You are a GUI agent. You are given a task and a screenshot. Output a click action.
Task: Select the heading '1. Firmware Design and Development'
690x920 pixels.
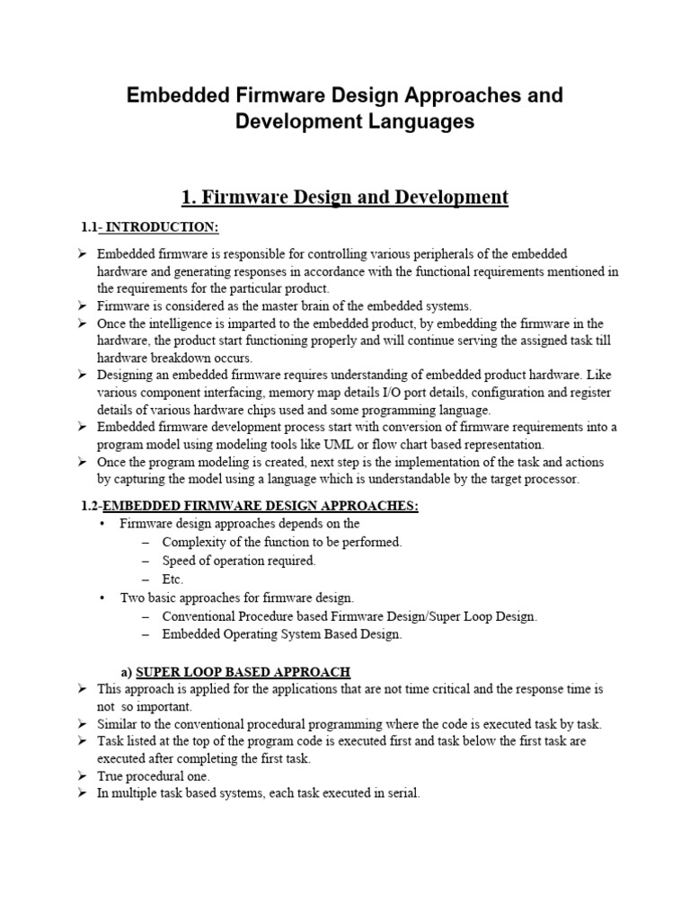345,196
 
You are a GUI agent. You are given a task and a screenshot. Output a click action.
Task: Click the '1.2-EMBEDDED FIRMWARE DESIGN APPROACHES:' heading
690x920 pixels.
250,506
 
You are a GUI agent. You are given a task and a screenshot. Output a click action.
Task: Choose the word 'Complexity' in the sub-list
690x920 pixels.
195,542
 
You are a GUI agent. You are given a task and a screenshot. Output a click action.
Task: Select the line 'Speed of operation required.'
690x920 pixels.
239,561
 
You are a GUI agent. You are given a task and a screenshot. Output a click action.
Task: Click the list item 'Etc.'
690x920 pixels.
172,579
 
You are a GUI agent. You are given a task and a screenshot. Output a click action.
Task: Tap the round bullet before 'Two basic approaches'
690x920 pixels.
103,597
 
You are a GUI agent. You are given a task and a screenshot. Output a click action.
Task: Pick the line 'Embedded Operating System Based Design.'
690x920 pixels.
282,634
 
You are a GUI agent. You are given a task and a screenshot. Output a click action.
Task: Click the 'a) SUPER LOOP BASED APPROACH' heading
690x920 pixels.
235,671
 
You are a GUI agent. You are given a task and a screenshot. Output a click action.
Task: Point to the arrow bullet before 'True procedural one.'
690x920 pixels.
82,775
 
